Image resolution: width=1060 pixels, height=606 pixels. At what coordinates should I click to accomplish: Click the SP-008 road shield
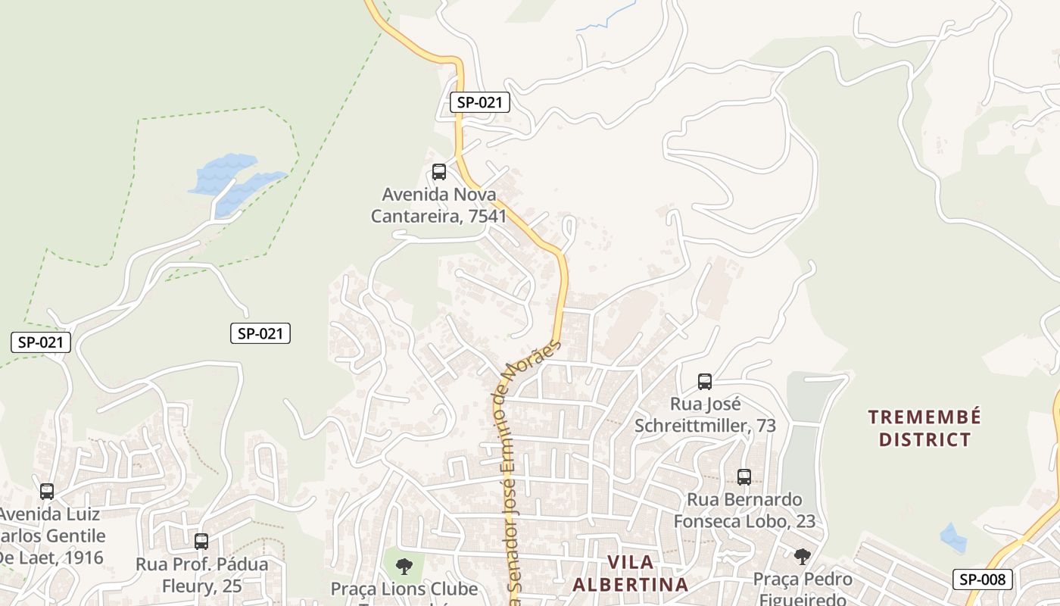(x=982, y=580)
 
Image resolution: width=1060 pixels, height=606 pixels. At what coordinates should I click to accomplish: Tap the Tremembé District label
(x=924, y=428)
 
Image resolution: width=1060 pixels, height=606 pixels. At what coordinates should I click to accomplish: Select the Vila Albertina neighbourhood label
(x=630, y=573)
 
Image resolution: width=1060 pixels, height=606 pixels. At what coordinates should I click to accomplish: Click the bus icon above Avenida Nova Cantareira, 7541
(x=439, y=172)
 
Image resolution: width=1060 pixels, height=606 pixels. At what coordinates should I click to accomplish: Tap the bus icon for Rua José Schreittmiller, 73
(x=705, y=382)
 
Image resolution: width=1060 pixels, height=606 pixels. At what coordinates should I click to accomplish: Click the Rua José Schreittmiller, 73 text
(x=705, y=415)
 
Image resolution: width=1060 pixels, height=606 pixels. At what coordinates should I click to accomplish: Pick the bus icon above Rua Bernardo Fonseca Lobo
(x=744, y=477)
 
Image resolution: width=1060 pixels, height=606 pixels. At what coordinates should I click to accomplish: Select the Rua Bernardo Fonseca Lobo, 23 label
(x=744, y=511)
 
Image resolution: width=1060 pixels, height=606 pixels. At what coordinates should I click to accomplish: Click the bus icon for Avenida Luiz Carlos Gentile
(x=47, y=492)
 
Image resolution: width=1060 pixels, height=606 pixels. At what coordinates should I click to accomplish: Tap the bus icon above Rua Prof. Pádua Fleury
(x=201, y=542)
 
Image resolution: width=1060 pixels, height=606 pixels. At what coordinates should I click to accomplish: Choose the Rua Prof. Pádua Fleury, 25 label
(x=201, y=575)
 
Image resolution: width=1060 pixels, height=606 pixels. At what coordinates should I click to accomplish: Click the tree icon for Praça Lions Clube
(x=404, y=565)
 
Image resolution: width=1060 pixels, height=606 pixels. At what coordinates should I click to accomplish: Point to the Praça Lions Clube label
(x=404, y=589)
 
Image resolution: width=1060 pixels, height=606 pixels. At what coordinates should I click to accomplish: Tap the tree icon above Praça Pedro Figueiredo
(x=803, y=557)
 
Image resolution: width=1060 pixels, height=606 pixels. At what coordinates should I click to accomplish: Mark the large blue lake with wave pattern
(x=227, y=178)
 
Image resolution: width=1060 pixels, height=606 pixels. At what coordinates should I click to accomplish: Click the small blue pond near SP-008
(x=953, y=537)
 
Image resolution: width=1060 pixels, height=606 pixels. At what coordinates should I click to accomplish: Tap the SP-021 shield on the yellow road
(x=480, y=102)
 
